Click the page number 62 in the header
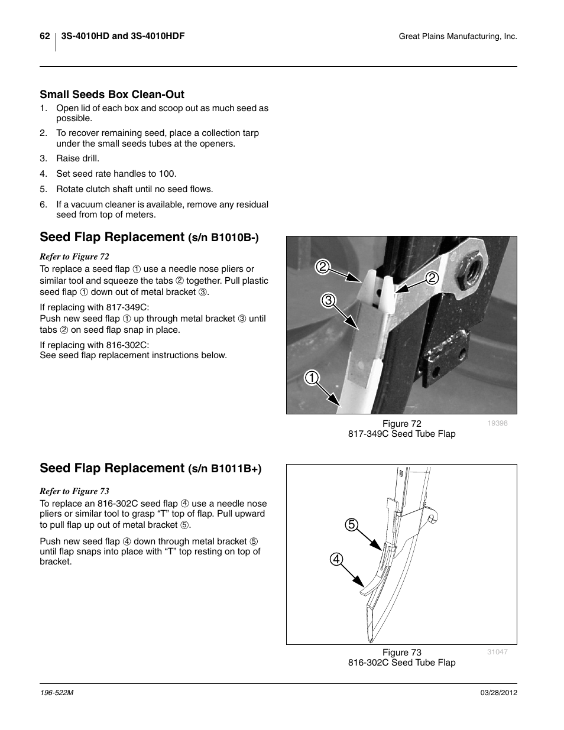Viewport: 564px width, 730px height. click(x=44, y=36)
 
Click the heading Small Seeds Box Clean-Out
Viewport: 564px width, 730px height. click(x=112, y=95)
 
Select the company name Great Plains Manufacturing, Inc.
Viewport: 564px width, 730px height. click(x=458, y=37)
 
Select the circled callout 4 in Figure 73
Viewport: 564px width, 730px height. click(x=336, y=559)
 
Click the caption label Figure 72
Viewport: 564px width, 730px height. click(x=401, y=424)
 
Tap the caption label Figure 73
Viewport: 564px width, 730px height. click(x=401, y=653)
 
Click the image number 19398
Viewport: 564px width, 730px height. click(x=497, y=423)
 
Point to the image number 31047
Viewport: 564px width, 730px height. click(x=497, y=652)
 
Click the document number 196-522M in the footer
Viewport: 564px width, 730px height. click(x=56, y=693)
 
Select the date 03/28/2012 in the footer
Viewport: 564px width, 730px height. click(x=498, y=693)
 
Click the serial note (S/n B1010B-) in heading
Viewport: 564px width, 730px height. click(x=223, y=238)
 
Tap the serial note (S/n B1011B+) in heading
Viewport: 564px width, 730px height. click(x=225, y=469)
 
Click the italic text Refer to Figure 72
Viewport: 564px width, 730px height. click(x=74, y=257)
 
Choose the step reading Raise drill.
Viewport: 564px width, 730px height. click(x=77, y=158)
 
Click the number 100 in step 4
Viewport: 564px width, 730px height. click(x=168, y=174)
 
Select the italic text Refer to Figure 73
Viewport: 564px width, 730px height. click(x=74, y=491)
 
